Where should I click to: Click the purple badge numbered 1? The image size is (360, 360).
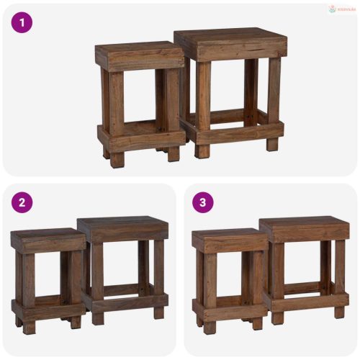coord(22,22)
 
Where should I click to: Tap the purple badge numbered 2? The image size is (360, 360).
coord(22,203)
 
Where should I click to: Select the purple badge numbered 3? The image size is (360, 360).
coord(204,203)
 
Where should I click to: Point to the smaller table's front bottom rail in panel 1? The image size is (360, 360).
coord(142,138)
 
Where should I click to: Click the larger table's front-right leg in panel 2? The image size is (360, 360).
coord(158,274)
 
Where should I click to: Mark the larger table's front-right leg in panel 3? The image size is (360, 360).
coord(339,274)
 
